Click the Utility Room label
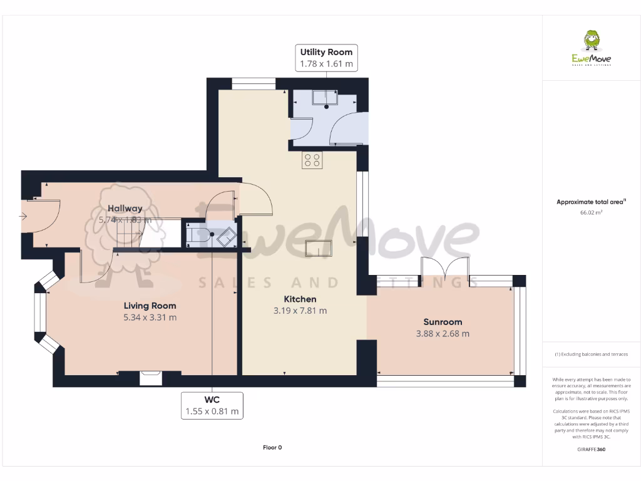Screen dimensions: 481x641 (326, 52)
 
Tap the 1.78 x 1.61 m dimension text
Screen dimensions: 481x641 (326, 64)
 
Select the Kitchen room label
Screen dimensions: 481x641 (300, 299)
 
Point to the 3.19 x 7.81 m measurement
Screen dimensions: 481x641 (300, 311)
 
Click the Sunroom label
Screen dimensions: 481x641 (443, 322)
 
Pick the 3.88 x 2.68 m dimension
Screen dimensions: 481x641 (443, 334)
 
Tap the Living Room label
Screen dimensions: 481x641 (150, 306)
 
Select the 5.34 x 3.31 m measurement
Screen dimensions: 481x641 (150, 318)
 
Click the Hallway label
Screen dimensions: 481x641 (125, 209)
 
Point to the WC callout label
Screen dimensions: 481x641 (212, 400)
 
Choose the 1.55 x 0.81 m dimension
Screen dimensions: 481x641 (212, 411)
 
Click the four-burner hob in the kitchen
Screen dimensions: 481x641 (312, 160)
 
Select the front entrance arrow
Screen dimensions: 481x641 (23, 217)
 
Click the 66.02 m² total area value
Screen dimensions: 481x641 (592, 213)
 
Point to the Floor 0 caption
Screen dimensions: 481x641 (272, 447)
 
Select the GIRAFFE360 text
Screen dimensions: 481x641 (592, 450)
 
